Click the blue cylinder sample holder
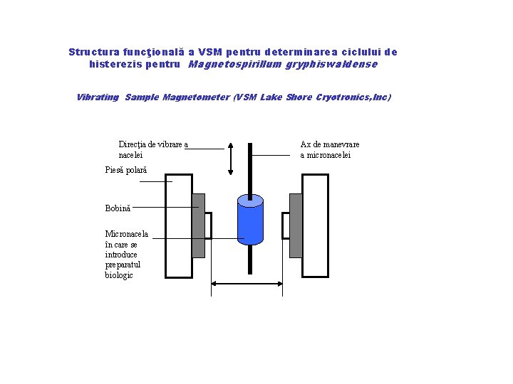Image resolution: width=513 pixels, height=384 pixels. tap(250, 221)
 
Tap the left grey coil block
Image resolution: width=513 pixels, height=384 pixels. tap(198, 225)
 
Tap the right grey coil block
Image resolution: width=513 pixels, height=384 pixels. tap(296, 225)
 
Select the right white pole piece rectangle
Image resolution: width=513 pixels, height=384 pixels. tap(316, 226)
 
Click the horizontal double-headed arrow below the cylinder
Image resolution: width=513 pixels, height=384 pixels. tap(247, 284)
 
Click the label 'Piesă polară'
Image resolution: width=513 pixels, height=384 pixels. tap(125, 170)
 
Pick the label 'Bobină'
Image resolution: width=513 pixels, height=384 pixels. tap(118, 208)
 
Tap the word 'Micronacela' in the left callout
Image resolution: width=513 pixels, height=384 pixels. tap(127, 233)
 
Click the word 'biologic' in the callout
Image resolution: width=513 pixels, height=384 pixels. tap(119, 275)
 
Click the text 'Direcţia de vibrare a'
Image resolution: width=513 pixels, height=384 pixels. tap(153, 144)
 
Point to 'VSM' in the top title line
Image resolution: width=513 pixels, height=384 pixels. tap(209, 52)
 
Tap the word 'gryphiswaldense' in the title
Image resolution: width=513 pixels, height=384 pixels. tap(331, 64)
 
